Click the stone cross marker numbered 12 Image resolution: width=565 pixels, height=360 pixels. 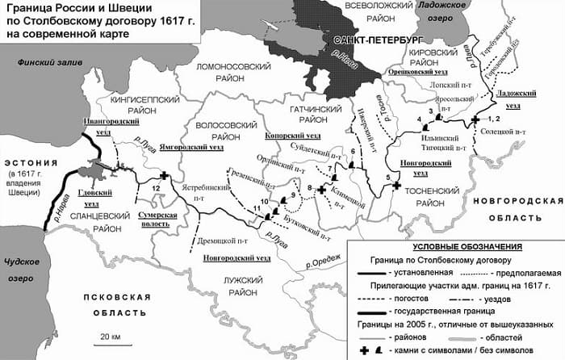pos(165,176)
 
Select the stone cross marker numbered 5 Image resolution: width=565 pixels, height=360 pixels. pos(395,186)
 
